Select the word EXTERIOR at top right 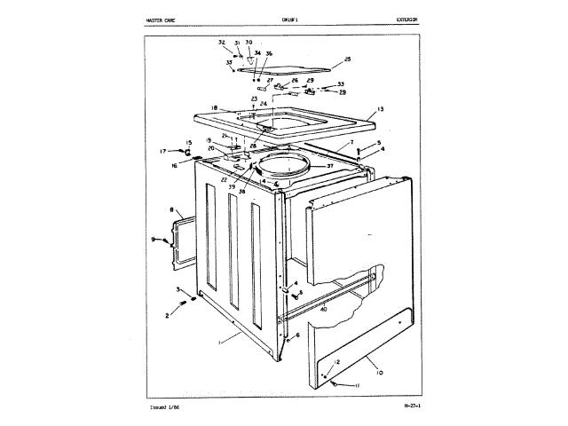click(407, 19)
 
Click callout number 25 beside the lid click(347, 59)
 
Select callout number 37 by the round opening click(329, 166)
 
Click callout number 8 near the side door click(170, 210)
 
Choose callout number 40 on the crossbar click(323, 311)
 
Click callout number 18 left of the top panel click(214, 109)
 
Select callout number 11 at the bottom click(358, 387)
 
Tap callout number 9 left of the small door click(152, 240)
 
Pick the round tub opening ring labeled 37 click(283, 166)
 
